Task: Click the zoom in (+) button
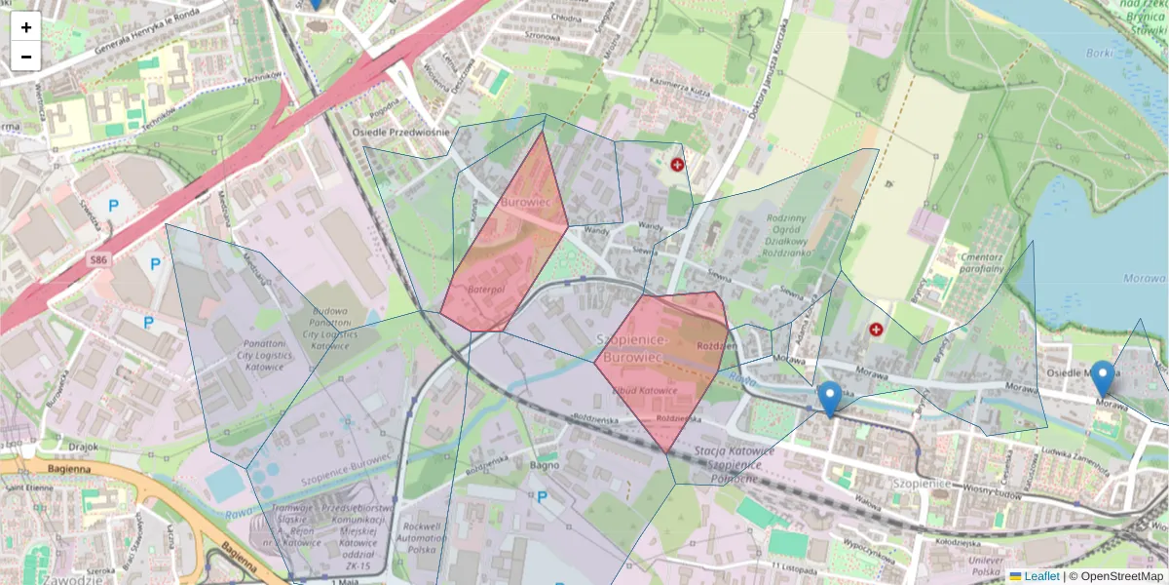point(26,26)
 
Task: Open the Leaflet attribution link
point(1040,576)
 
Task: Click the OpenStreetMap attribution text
point(1117,576)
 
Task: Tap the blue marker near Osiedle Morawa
point(1103,378)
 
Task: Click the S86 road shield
point(97,260)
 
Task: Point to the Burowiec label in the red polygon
point(525,202)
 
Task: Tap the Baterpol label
point(483,290)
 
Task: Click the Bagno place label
point(543,465)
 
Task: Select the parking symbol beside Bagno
point(542,496)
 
